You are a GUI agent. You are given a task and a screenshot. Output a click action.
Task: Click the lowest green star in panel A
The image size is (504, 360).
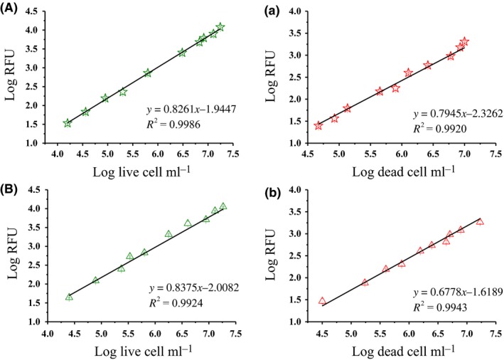pos(68,123)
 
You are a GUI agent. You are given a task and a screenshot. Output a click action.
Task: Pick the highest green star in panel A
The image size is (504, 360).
pos(220,27)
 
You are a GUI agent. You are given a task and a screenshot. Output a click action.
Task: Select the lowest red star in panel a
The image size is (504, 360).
pos(318,126)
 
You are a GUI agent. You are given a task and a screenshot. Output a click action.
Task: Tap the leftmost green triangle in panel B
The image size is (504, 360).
pos(69,297)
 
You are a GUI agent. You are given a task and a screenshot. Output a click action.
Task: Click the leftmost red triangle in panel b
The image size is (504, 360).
pos(322,301)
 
